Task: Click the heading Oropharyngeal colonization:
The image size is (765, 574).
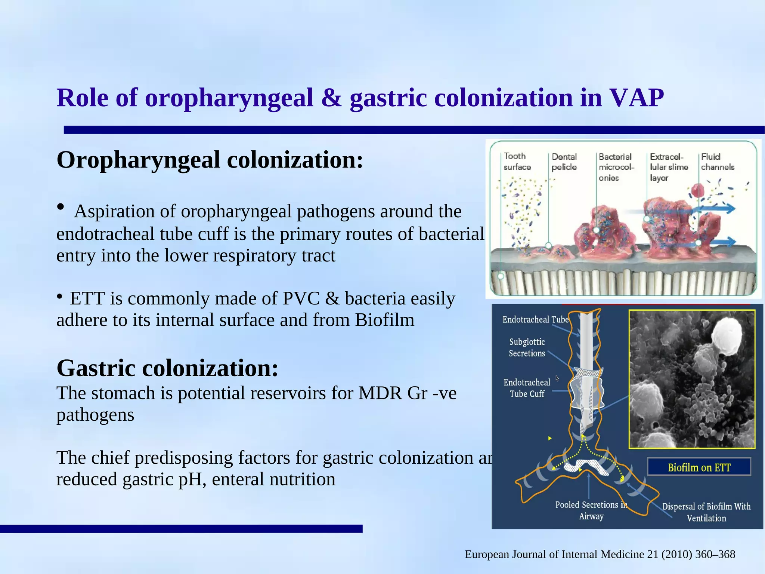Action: coord(210,160)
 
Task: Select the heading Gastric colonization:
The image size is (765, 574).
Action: coord(167,368)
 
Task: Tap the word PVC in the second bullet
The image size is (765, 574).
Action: coord(301,298)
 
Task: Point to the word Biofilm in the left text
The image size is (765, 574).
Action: coord(384,320)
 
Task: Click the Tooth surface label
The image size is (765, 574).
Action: coord(517,162)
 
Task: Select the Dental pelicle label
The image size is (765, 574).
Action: coord(564,162)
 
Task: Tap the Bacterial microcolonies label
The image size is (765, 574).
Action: coord(616,167)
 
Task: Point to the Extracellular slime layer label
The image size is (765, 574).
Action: coord(668,167)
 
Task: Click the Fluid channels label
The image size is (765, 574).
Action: coord(718,162)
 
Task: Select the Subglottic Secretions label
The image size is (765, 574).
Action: coord(527,347)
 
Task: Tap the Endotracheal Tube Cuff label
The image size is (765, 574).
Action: coord(527,388)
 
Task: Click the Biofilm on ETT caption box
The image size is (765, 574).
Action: coord(699,467)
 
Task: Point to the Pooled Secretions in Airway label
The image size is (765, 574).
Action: coord(591,510)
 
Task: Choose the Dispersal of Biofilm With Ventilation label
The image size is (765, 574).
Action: coord(706,512)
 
